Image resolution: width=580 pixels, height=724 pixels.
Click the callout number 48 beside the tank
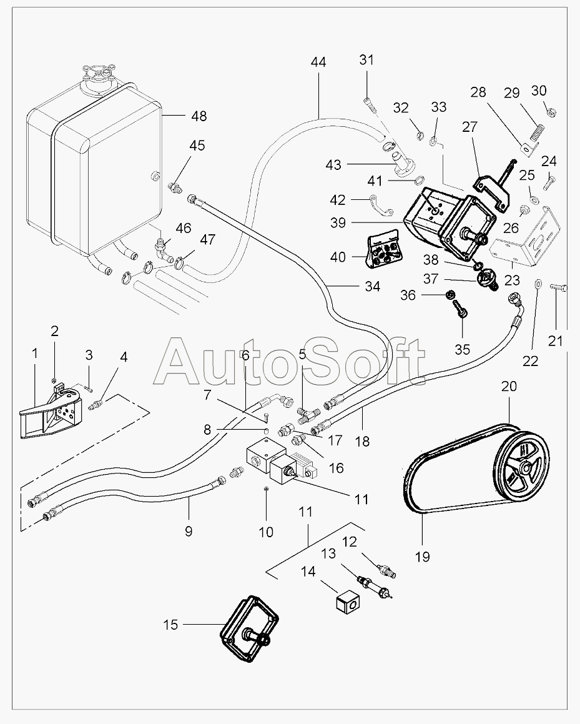tap(199, 116)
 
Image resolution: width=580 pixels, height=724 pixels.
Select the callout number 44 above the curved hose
tap(318, 62)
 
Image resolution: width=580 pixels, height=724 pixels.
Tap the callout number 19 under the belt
tap(422, 557)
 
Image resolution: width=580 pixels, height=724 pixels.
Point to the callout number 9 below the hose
tap(189, 532)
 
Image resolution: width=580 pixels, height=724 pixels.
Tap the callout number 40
tap(338, 257)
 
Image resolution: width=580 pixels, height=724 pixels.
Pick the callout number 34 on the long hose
tap(372, 287)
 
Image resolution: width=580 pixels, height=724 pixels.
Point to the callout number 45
tap(197, 146)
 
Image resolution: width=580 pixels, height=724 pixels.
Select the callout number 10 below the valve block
tap(266, 532)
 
